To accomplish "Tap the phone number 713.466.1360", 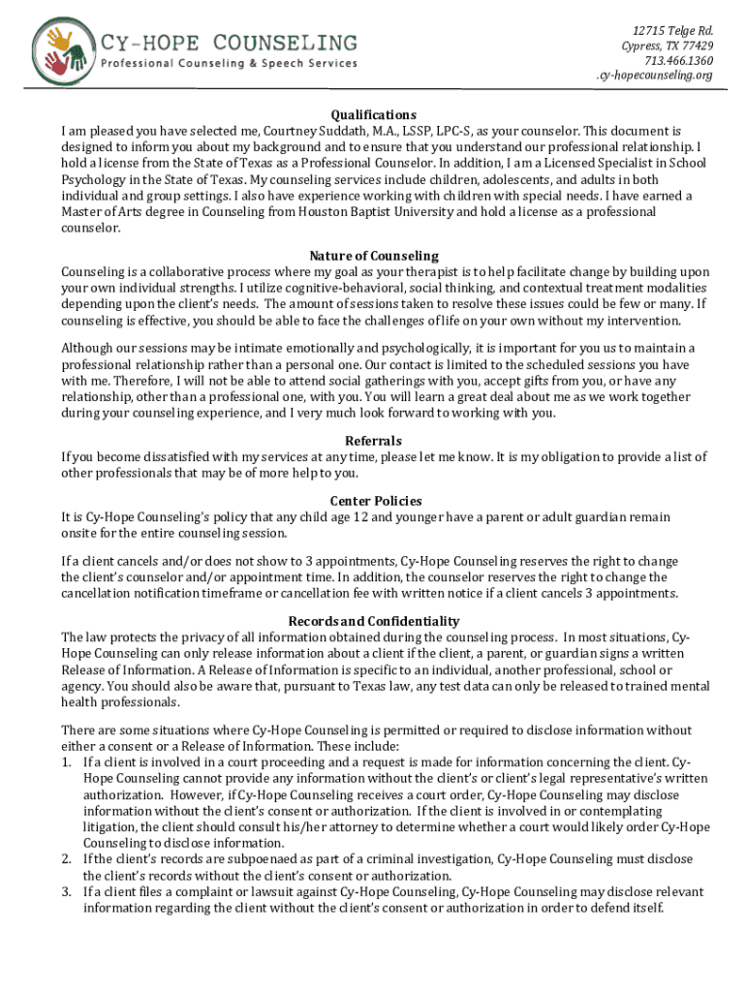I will pos(681,61).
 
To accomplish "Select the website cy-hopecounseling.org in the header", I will pos(654,77).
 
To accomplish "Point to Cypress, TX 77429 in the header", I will pos(668,46).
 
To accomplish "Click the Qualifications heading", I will pos(373,114).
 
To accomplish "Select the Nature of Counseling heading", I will pos(373,256).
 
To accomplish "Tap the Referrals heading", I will pos(373,441).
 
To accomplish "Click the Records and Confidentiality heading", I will pos(373,621).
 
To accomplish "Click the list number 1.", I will pos(66,762).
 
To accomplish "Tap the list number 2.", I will pos(66,859).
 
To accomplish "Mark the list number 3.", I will pos(66,891).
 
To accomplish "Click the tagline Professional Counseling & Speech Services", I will pos(231,64).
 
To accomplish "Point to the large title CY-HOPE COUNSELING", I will pos(231,42).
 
